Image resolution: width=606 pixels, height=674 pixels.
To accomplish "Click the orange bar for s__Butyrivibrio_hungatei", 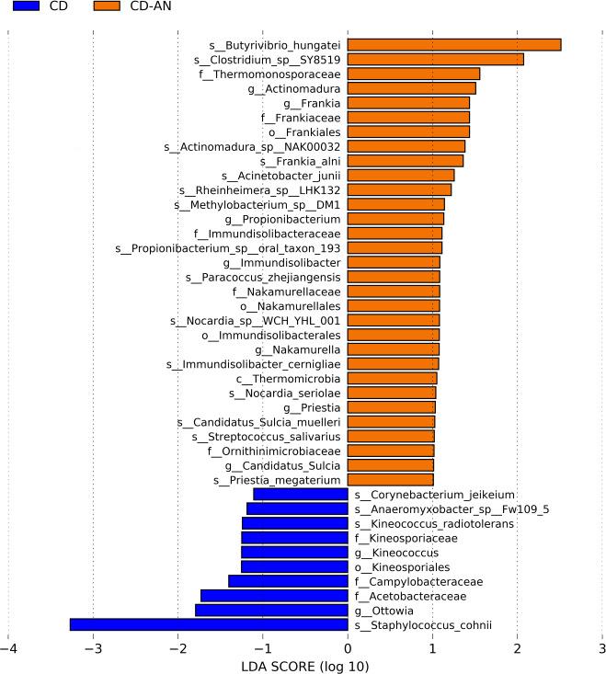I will click(x=454, y=45).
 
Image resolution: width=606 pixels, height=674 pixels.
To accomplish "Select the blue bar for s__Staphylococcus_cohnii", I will click(x=209, y=625).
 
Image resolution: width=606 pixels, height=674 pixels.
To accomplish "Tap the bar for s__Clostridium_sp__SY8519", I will click(x=436, y=60).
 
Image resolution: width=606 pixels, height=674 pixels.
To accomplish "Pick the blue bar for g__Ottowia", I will click(x=271, y=611).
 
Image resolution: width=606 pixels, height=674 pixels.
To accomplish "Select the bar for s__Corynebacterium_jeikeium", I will click(x=301, y=495).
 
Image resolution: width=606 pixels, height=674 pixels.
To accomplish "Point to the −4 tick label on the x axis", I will click(x=8, y=647).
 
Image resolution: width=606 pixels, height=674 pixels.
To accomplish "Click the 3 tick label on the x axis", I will click(x=601, y=647).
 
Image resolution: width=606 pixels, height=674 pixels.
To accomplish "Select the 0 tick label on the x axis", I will click(x=348, y=647).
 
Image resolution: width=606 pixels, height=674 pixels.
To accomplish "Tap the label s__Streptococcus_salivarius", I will click(x=267, y=437).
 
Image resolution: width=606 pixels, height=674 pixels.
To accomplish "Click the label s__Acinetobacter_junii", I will click(x=281, y=176).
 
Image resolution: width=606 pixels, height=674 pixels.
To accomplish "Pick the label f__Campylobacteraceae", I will click(x=418, y=582).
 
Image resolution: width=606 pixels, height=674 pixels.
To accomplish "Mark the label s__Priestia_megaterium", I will click(x=277, y=480).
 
